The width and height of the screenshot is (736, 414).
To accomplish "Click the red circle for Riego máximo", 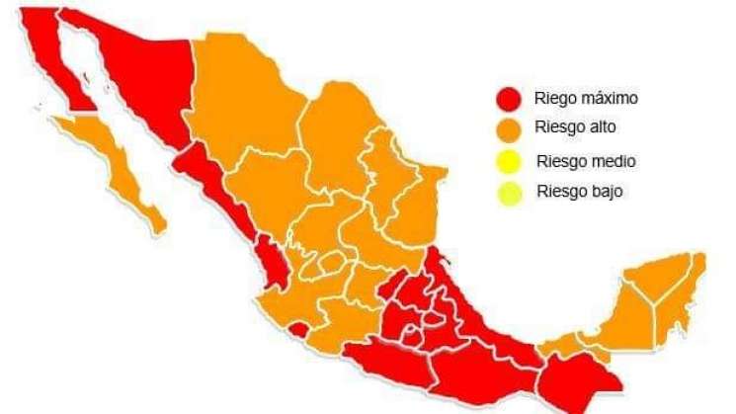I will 509,99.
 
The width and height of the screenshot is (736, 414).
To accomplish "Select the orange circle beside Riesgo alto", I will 510,128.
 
